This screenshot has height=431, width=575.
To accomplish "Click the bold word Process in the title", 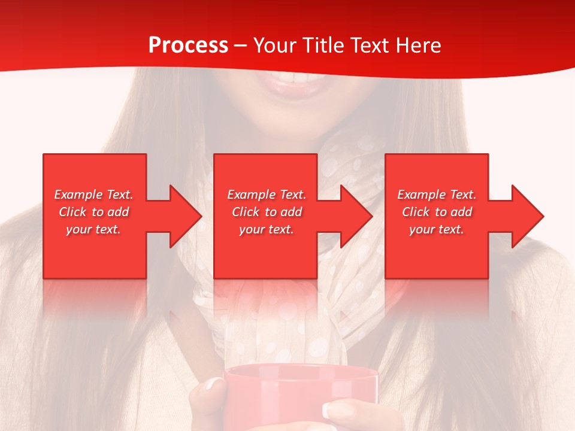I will [188, 45].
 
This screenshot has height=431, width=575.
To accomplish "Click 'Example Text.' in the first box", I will [93, 195].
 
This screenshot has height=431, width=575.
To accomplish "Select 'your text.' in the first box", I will [93, 229].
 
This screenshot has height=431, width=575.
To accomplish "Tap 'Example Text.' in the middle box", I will [267, 195].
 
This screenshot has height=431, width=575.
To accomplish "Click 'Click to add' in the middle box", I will [267, 212].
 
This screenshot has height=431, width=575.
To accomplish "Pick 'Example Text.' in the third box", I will [437, 195].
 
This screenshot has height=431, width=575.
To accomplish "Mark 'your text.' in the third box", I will [437, 229].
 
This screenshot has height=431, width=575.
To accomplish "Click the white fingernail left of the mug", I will [214, 383].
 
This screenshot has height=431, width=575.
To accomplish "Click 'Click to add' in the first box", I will [93, 212].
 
